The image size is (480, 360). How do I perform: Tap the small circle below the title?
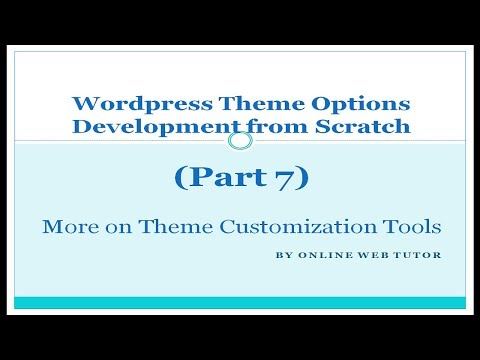(240, 141)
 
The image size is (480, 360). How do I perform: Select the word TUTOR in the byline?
(417, 255)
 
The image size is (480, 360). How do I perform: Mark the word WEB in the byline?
(374, 255)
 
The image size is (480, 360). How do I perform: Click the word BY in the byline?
(283, 255)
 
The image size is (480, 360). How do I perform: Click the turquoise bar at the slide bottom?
(240, 302)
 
